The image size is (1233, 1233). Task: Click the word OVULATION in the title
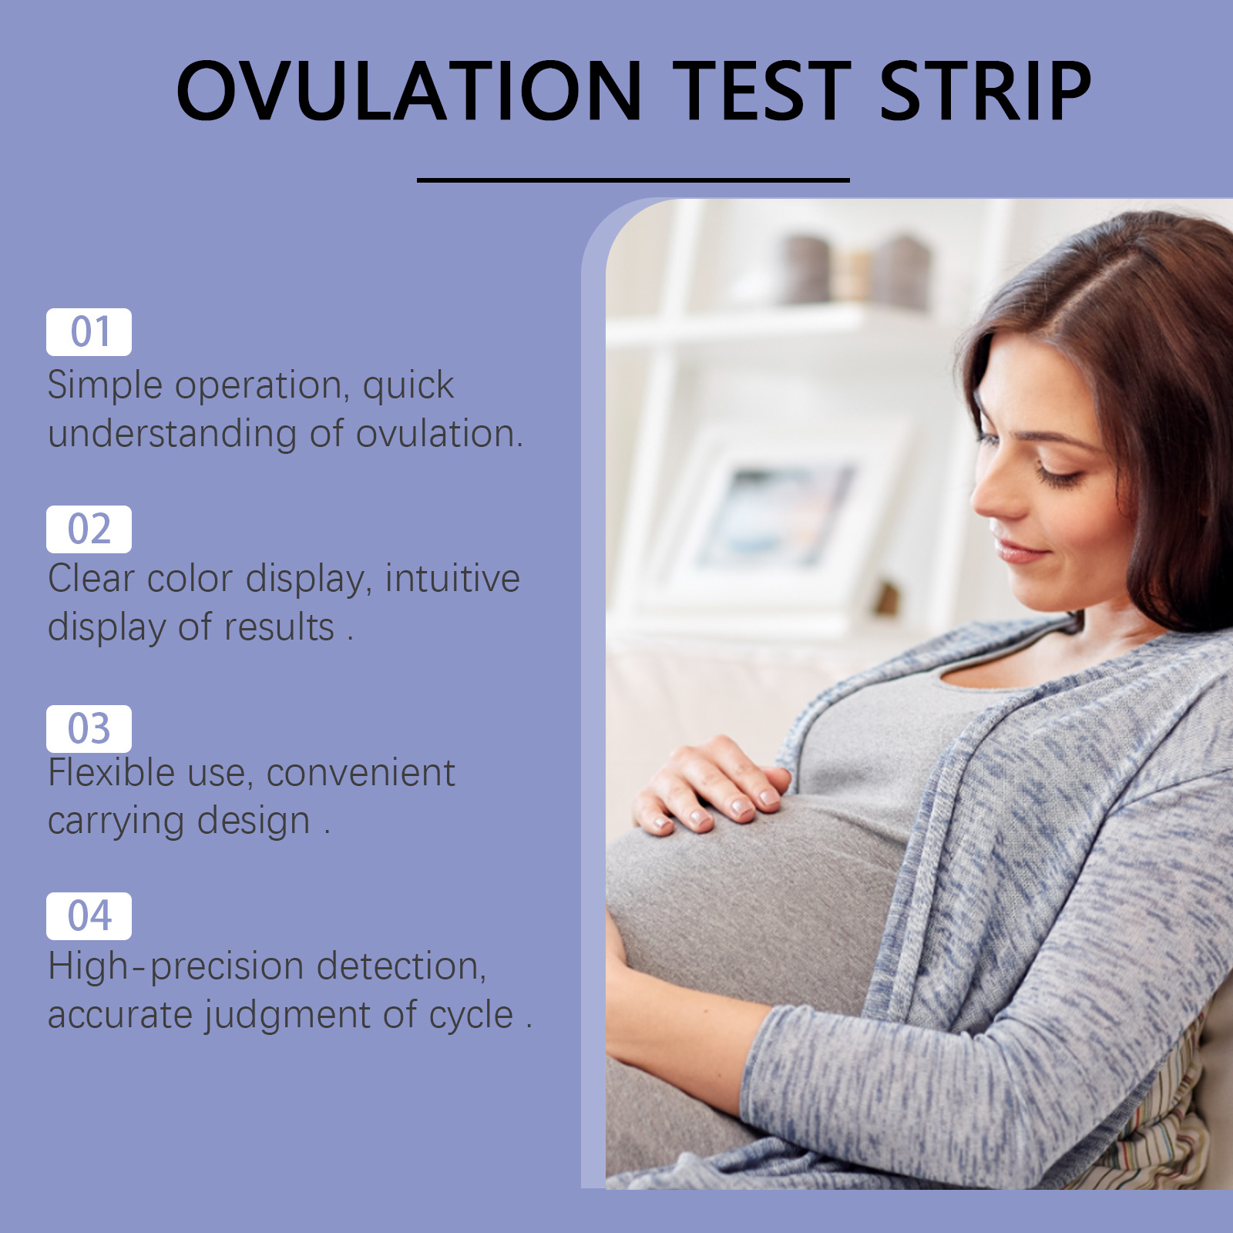[x=409, y=91]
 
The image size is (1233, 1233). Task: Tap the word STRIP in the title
[x=985, y=91]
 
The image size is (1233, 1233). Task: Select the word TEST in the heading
[x=761, y=91]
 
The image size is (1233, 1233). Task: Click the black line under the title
[x=633, y=180]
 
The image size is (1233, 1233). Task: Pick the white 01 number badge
[x=89, y=332]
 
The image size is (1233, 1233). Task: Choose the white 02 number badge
[x=89, y=529]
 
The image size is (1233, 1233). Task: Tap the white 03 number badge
[x=89, y=729]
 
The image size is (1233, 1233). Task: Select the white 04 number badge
[x=89, y=916]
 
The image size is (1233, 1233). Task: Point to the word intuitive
[x=452, y=578]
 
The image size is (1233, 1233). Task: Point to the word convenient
[x=361, y=773]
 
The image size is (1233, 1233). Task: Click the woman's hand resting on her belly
[x=712, y=786]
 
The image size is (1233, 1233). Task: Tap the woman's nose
[x=994, y=493]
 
